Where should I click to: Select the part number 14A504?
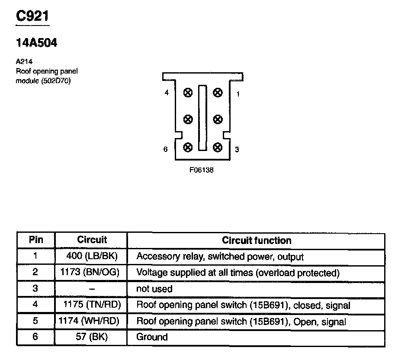click(x=36, y=43)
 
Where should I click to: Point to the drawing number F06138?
click(x=201, y=170)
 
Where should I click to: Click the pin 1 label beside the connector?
click(x=238, y=94)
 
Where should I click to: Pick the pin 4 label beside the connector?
click(x=167, y=93)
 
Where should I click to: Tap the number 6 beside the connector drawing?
click(x=166, y=149)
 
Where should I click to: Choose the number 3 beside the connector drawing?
click(x=237, y=150)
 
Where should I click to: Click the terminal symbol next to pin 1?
click(x=218, y=92)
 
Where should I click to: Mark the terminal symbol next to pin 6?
click(x=188, y=147)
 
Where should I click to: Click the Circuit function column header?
click(x=257, y=241)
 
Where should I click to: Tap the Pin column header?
click(x=36, y=240)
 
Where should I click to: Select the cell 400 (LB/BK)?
click(x=92, y=256)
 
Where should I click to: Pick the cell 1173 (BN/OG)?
click(x=92, y=273)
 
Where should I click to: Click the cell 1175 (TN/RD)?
click(x=92, y=305)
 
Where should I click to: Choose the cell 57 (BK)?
click(x=92, y=337)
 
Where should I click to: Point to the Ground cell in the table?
click(x=152, y=337)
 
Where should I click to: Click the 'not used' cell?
click(x=154, y=289)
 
